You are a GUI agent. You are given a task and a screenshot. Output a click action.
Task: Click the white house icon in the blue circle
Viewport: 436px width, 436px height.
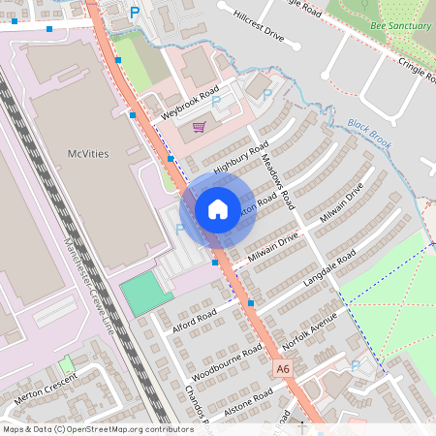(217, 209)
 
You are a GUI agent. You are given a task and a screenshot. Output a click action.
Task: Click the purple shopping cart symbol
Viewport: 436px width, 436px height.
(199, 126)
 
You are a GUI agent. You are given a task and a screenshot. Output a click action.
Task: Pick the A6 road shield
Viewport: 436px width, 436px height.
(282, 369)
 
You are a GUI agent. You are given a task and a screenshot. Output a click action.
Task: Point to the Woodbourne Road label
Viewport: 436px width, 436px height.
(229, 363)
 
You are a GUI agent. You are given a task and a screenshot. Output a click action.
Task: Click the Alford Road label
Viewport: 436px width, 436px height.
(193, 321)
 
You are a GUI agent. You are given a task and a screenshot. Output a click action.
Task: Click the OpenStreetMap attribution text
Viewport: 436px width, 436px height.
(98, 429)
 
